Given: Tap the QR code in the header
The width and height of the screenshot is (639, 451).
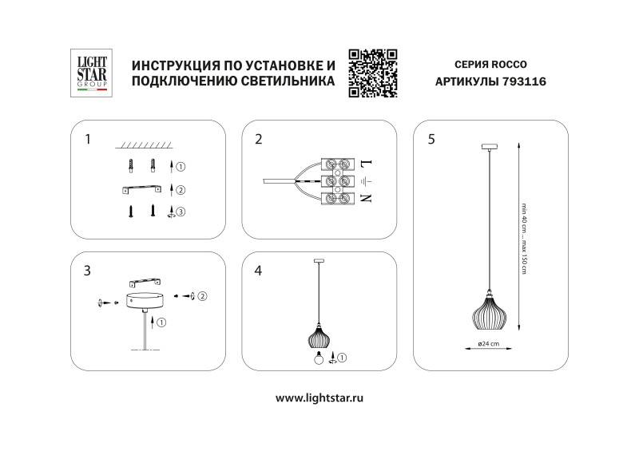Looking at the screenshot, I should (x=373, y=73).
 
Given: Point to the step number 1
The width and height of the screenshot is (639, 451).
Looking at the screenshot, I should (x=88, y=139).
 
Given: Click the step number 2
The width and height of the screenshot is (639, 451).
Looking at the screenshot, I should (x=258, y=139).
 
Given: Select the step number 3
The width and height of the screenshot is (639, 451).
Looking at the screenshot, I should (x=87, y=271).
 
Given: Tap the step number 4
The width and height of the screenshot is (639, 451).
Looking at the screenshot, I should (x=258, y=271).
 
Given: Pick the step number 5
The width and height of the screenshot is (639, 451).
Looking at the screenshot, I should (x=431, y=139).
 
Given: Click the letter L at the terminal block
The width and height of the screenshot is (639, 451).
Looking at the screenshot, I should (x=367, y=163).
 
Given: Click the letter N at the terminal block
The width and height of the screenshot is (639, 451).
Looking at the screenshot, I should (x=367, y=197).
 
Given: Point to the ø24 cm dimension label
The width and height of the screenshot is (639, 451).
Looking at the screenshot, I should (x=489, y=344).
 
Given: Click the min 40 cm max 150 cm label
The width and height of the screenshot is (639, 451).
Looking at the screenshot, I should (x=524, y=239).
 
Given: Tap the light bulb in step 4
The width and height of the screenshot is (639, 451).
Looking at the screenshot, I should (x=318, y=359).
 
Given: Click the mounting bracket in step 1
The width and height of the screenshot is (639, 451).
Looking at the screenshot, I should (x=141, y=188).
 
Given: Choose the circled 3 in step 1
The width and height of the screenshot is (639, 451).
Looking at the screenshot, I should (x=181, y=212).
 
